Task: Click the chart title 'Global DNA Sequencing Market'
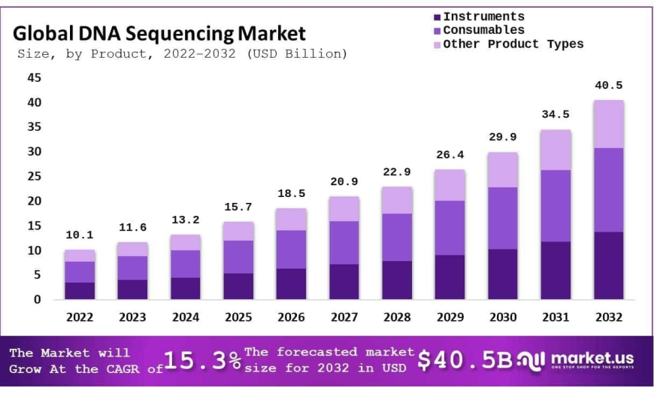coord(159,33)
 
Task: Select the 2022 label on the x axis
coord(80,317)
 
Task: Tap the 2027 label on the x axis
coord(344,317)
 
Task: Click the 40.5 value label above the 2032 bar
coord(608,86)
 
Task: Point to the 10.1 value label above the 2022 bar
coord(80,235)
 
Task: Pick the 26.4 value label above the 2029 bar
coord(450,155)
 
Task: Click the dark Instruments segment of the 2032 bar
coord(608,265)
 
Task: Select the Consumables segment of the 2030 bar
coord(502,218)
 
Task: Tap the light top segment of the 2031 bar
coord(556,150)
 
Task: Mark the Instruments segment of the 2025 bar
coord(238,286)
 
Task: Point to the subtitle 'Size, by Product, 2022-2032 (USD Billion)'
coord(182,53)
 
